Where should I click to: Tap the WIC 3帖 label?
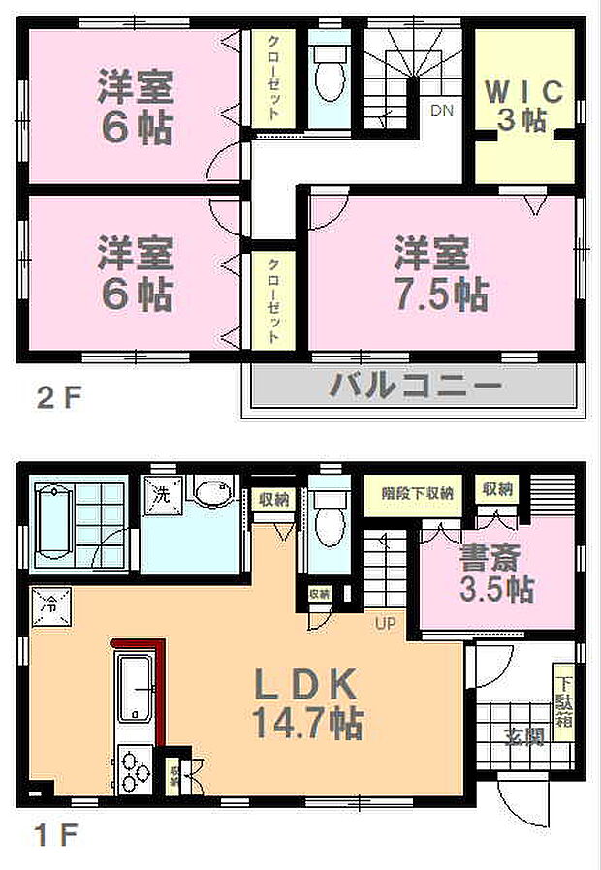[523, 107]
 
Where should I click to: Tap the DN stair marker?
[442, 110]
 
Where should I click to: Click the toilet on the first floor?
[330, 520]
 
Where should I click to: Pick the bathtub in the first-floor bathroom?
[56, 523]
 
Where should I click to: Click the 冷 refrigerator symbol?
[47, 605]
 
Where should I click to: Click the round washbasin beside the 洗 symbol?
[207, 493]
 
